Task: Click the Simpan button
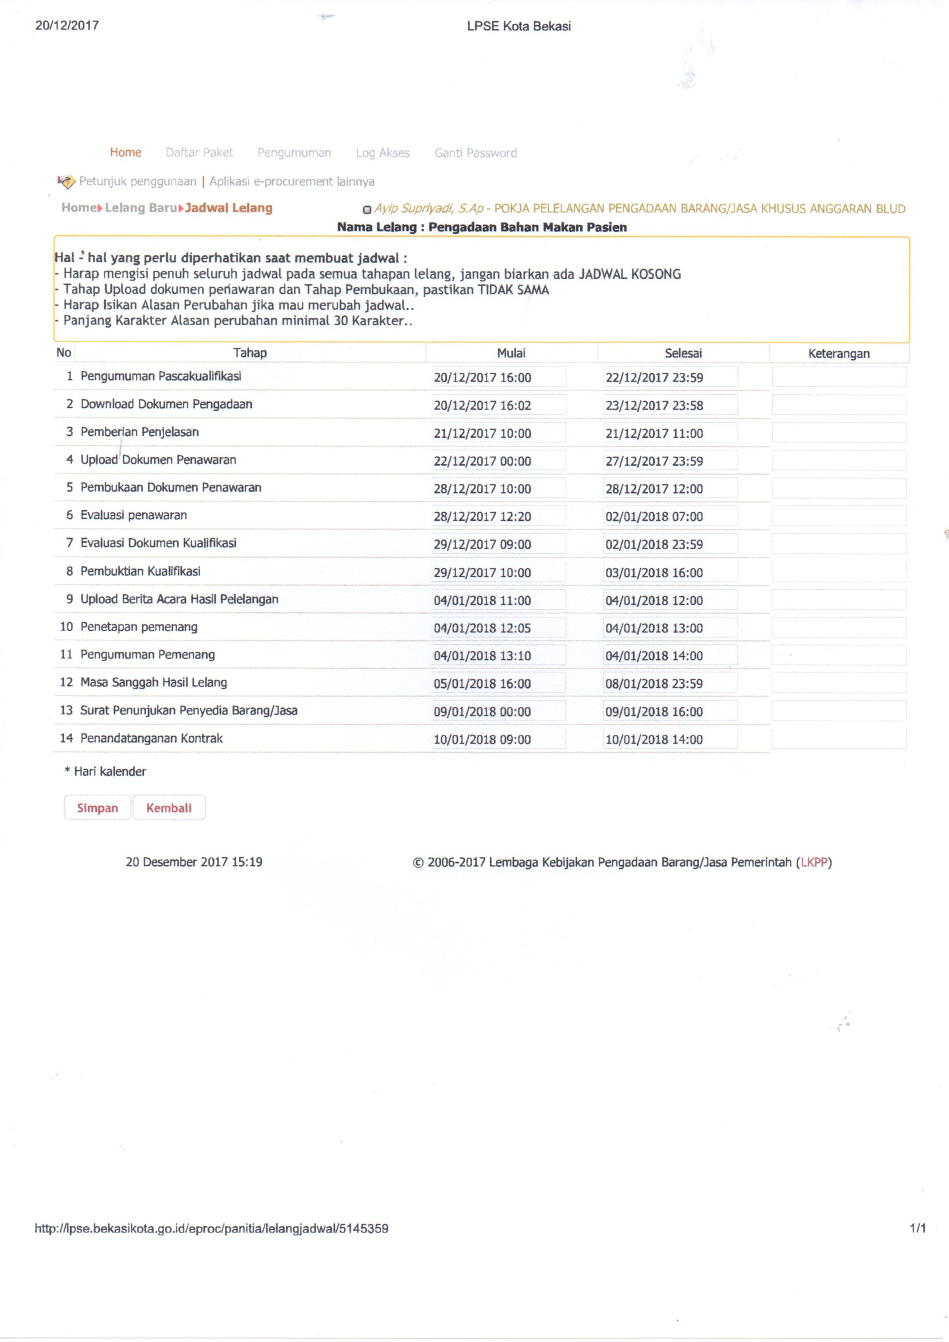97,808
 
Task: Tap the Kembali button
169,808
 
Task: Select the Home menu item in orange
126,153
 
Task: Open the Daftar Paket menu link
199,153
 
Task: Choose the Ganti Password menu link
475,153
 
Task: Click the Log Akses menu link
383,153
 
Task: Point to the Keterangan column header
839,353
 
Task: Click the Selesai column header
683,353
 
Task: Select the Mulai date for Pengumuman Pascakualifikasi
498,378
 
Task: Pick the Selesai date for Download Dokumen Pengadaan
670,406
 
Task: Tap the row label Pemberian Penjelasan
139,432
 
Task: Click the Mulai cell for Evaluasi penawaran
498,517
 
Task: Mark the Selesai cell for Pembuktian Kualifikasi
670,573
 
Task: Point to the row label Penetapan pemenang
139,627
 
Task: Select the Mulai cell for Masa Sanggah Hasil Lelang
498,684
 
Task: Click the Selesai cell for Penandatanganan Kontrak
670,740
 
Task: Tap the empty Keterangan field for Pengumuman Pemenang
839,655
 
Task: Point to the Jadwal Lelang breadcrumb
228,208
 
